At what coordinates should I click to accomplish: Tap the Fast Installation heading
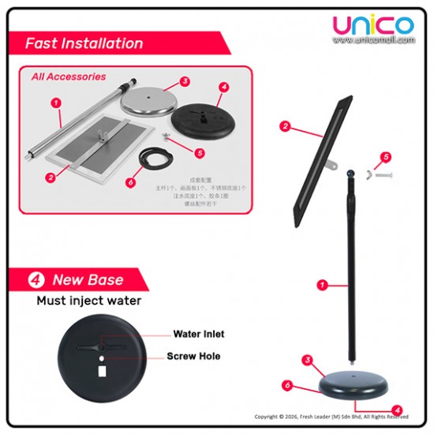click(x=84, y=43)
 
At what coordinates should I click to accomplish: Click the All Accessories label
click(x=69, y=77)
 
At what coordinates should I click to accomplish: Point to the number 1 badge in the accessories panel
click(x=56, y=103)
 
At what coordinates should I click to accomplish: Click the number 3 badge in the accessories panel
click(x=185, y=81)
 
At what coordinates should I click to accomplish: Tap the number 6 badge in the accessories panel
click(x=129, y=182)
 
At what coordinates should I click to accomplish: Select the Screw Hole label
click(x=193, y=357)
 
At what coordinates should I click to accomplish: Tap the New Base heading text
click(x=88, y=280)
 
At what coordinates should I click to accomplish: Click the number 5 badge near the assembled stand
click(x=386, y=158)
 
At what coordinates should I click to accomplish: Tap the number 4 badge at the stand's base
click(x=398, y=410)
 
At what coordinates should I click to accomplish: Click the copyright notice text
click(x=331, y=417)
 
